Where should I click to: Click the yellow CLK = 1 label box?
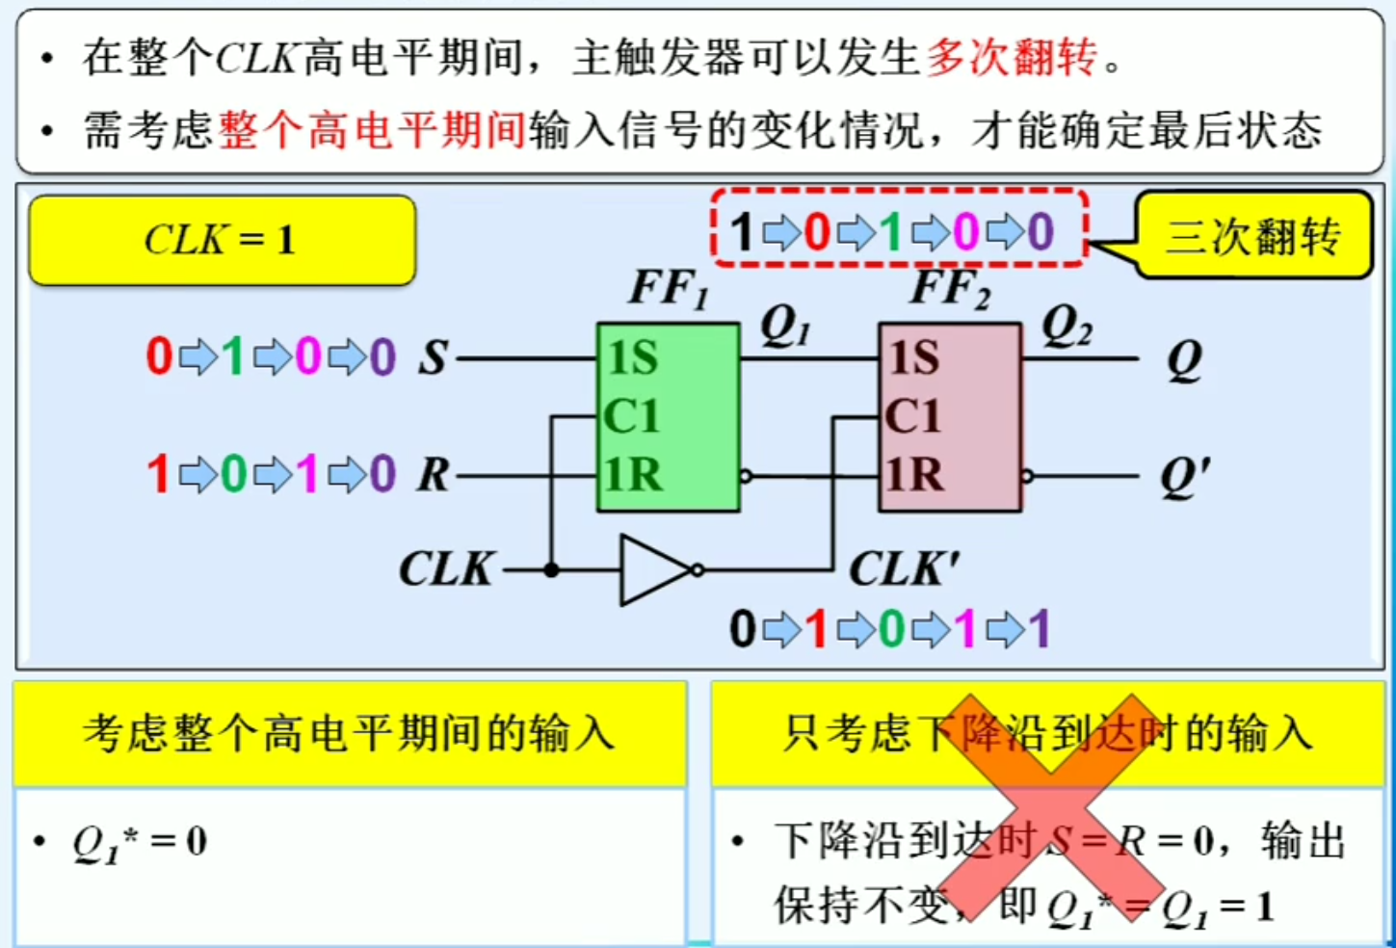click(222, 240)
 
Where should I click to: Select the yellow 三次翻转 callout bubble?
click(1252, 236)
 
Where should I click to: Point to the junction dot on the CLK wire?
click(551, 570)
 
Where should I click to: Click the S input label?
click(433, 358)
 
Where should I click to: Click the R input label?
click(434, 474)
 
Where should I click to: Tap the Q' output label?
click(1185, 476)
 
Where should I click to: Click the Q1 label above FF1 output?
click(785, 328)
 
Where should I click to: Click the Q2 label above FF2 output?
click(1067, 328)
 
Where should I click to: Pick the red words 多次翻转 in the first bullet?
click(1011, 58)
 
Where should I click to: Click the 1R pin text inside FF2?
click(914, 474)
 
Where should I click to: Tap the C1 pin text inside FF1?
click(632, 417)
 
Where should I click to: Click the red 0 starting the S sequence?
click(159, 357)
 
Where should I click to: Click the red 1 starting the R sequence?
click(158, 474)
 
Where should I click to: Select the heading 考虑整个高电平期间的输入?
click(349, 734)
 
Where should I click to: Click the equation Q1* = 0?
click(140, 842)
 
